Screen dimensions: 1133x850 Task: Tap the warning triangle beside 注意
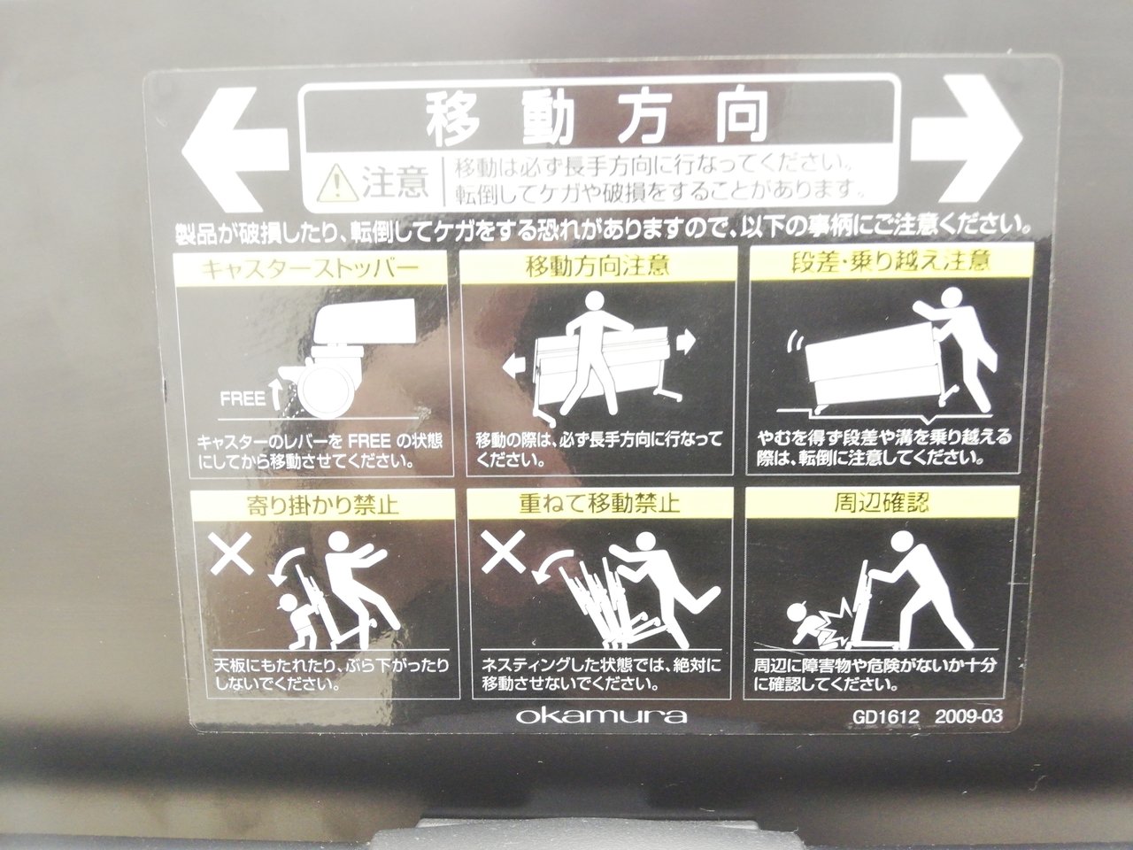tap(337, 184)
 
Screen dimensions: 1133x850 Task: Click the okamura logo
tap(601, 715)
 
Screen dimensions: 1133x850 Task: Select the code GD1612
tap(886, 717)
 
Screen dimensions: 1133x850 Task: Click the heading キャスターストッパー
tap(310, 269)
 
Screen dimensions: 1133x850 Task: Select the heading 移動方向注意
tap(598, 267)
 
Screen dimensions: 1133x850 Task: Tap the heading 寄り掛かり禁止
tap(323, 504)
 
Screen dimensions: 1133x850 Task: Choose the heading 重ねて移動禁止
tap(599, 503)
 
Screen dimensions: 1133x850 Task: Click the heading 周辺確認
tap(882, 502)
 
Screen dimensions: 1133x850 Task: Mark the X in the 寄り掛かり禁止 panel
tap(231, 552)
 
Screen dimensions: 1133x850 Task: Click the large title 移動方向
tap(597, 118)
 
